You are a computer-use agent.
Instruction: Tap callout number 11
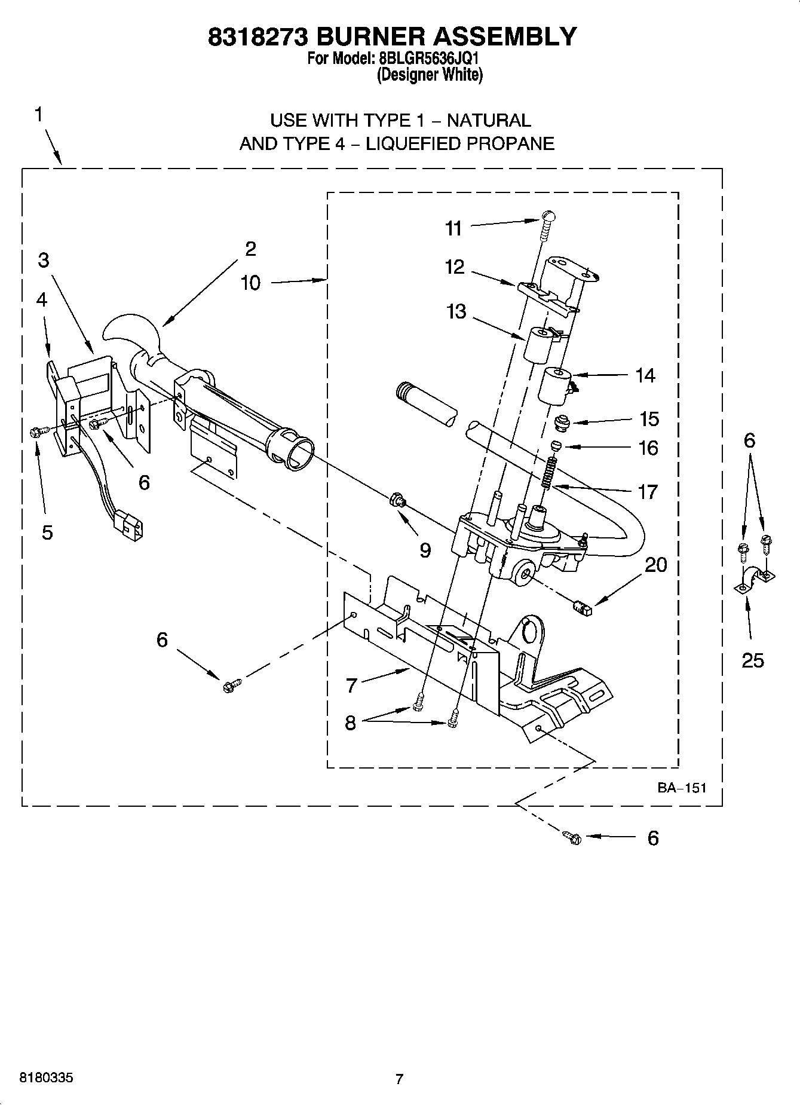pos(453,228)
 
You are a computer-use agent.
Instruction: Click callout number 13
pos(456,311)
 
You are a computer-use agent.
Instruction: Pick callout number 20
pos(656,564)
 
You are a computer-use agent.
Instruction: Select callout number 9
pos(425,550)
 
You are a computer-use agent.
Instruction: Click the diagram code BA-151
pos(682,788)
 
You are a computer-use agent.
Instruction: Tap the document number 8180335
pos(47,1078)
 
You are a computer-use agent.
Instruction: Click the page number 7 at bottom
pos(399,1079)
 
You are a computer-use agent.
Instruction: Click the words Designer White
pos(430,75)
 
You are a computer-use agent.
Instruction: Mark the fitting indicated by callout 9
pos(396,499)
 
